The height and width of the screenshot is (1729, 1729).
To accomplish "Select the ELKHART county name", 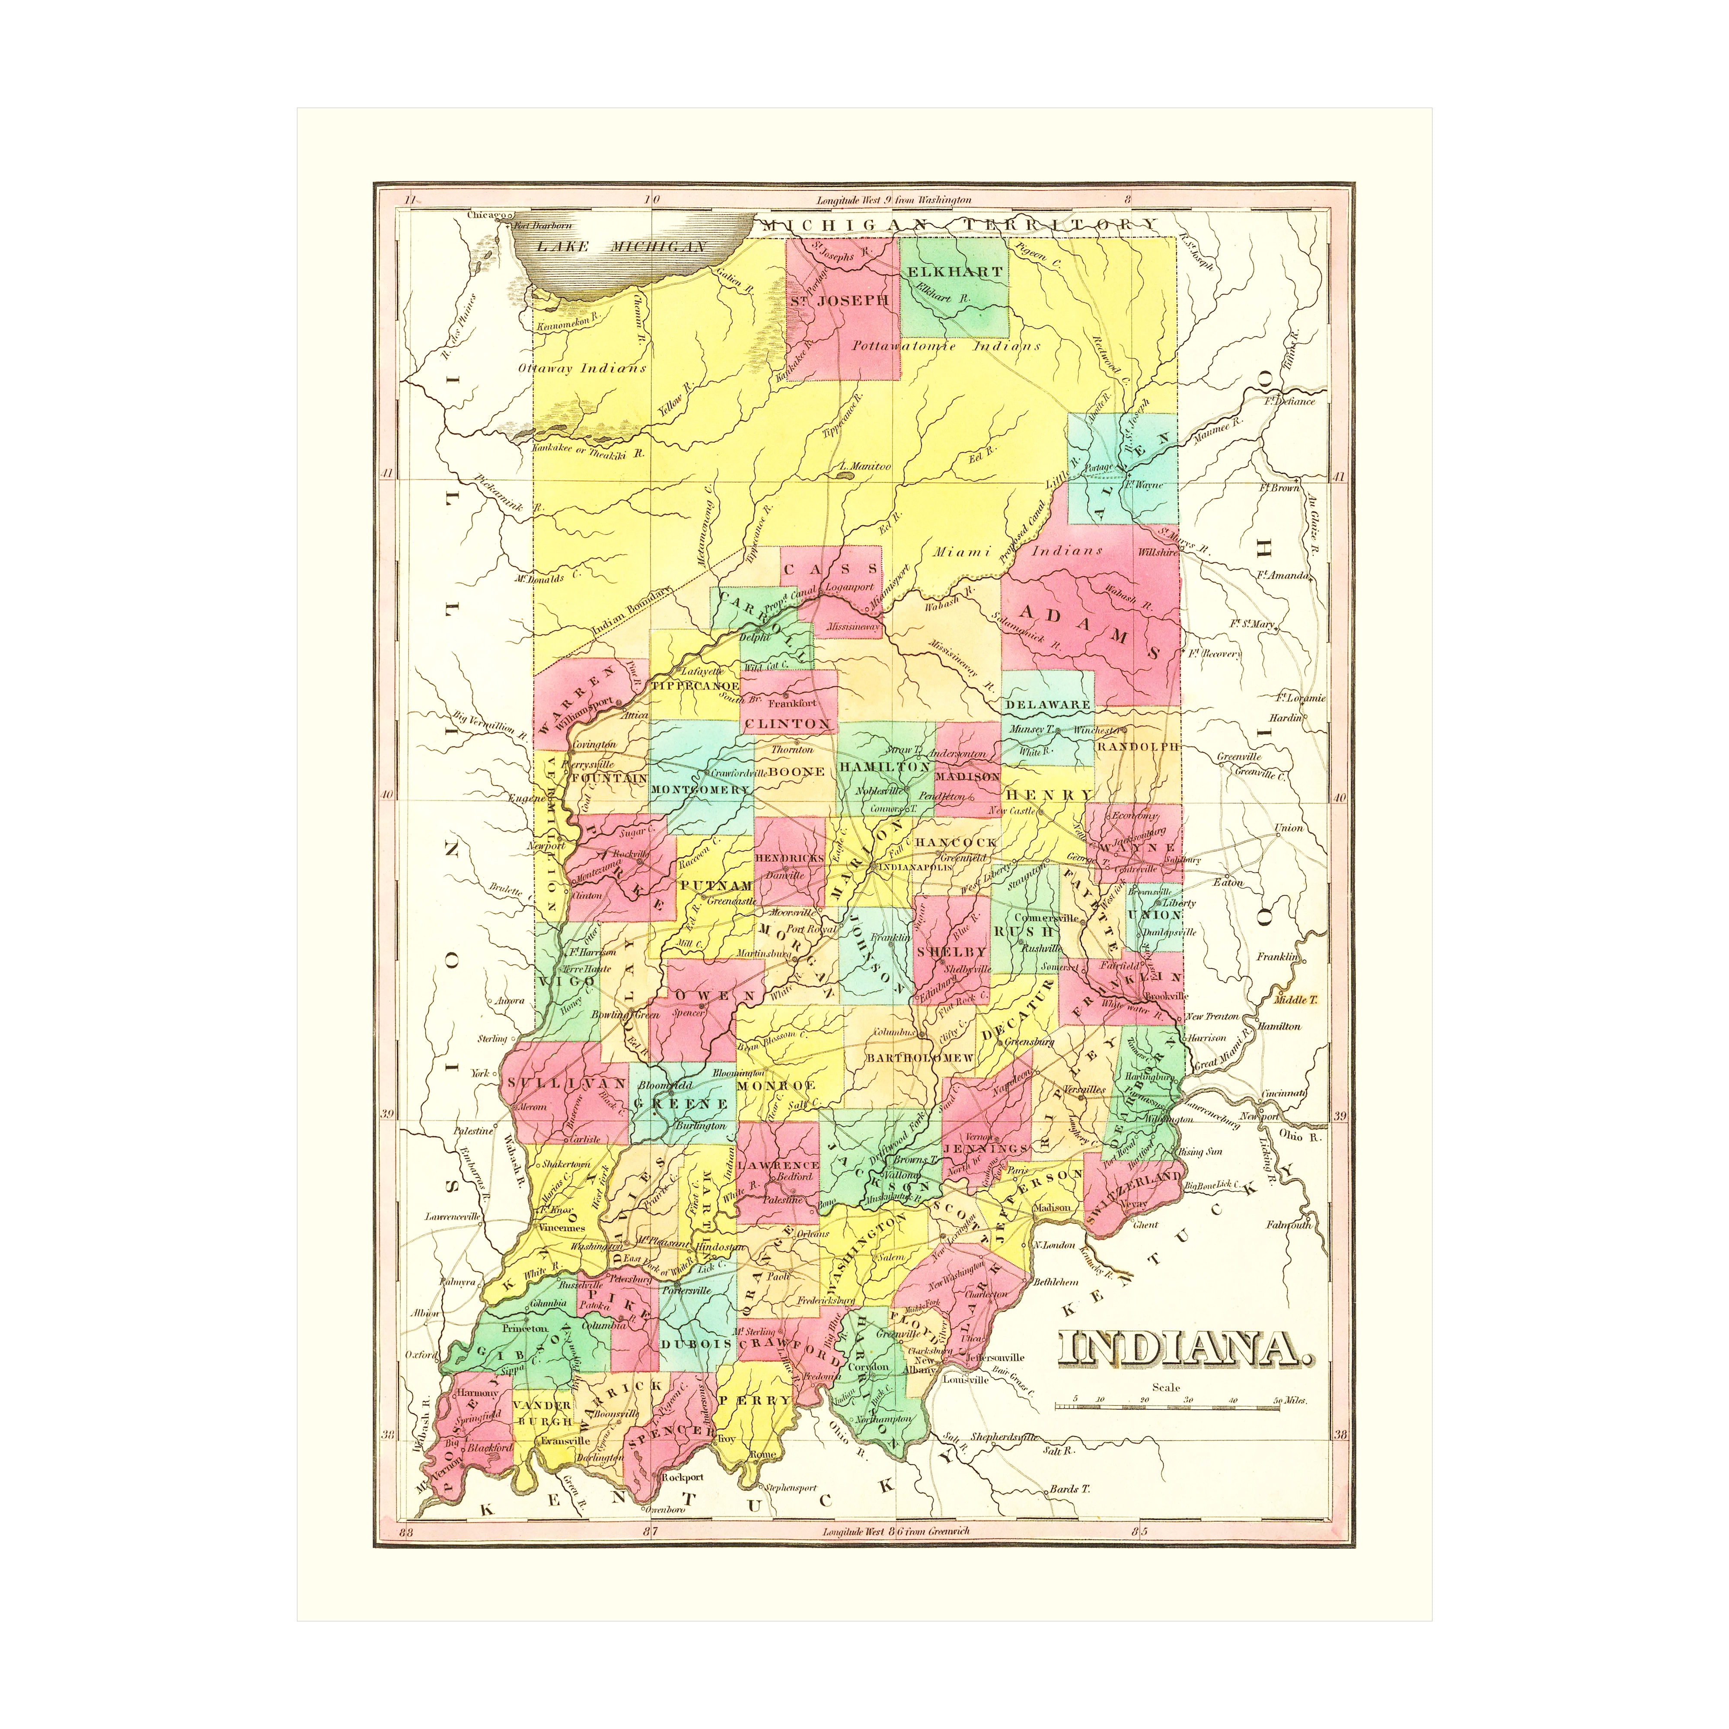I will tap(954, 271).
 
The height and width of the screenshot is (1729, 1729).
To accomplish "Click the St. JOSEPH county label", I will tap(839, 301).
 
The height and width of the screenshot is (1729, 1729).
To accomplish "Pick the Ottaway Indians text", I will tap(582, 368).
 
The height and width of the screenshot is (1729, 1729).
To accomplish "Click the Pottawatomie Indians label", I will tap(946, 346).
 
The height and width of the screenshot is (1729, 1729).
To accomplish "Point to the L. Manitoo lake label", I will tap(864, 466).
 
